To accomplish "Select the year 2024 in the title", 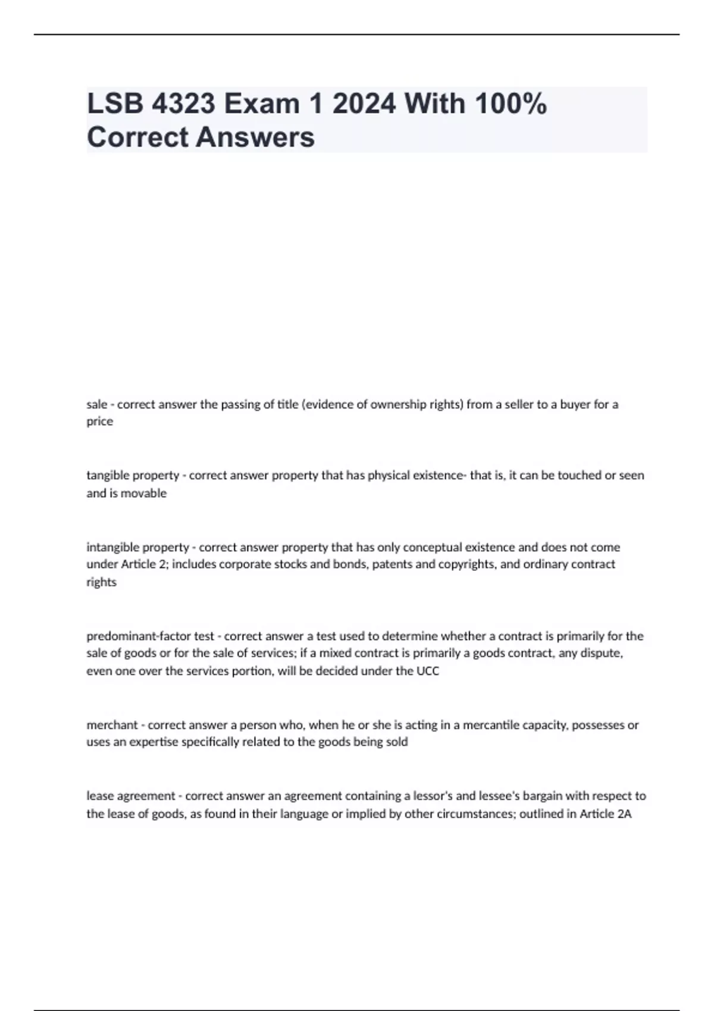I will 364,104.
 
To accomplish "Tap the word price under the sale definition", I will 99,422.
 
